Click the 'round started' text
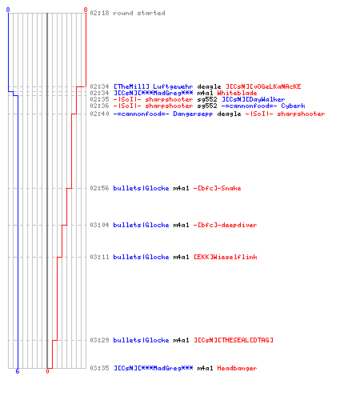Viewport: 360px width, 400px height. pyautogui.click(x=139, y=13)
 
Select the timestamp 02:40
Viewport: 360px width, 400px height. pyautogui.click(x=99, y=114)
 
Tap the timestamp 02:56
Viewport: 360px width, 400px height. pyautogui.click(x=99, y=188)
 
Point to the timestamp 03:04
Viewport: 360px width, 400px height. pyautogui.click(x=99, y=225)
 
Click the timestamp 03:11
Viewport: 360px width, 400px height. pyautogui.click(x=99, y=257)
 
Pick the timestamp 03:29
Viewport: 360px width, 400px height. pyautogui.click(x=99, y=340)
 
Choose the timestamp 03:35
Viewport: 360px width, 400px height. pyautogui.click(x=99, y=368)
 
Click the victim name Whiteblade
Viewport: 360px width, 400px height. pyautogui.click(x=237, y=93)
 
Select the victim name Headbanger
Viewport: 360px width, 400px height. pyautogui.click(x=237, y=368)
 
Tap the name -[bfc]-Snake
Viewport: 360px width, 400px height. pyautogui.click(x=217, y=188)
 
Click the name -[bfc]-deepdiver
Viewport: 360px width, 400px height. pyautogui.click(x=225, y=225)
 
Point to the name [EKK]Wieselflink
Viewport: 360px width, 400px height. pyautogui.click(x=226, y=257)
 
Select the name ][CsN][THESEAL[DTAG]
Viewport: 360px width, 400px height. pyautogui.click(x=234, y=340)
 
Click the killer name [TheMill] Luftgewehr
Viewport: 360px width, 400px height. pyautogui.click(x=153, y=86)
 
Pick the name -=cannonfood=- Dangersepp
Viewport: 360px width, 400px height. pyautogui.click(x=163, y=114)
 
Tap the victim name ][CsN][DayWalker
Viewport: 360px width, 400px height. pyautogui.click(x=254, y=99)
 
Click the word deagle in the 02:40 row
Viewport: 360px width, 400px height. pyautogui.click(x=229, y=114)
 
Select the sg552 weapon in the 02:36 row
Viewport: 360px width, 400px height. pyautogui.click(x=207, y=106)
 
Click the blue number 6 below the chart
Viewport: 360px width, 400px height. pyautogui.click(x=18, y=371)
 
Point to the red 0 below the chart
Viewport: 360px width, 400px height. pyautogui.click(x=47, y=371)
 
